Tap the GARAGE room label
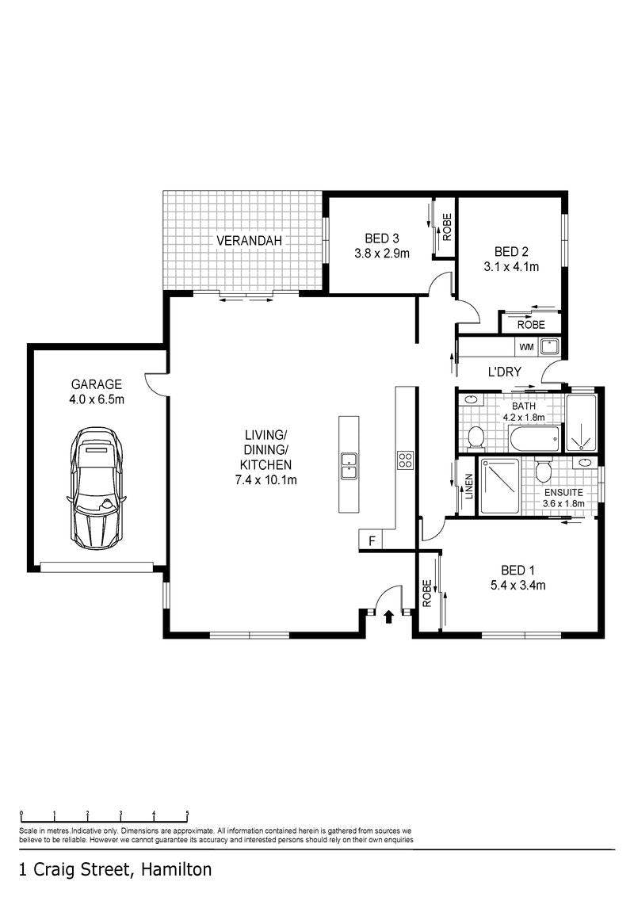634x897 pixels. coord(96,384)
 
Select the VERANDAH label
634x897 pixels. coord(249,241)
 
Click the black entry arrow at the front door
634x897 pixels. coord(388,616)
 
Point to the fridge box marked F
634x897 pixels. coord(372,540)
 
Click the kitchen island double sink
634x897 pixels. coord(349,465)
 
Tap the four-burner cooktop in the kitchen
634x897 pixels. coord(405,460)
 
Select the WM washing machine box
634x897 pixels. coord(526,346)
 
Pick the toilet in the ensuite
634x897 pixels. coord(544,470)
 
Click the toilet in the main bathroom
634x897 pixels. coord(475,437)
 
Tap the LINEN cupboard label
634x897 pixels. coord(468,487)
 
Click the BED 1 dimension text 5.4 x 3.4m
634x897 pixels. coord(518,585)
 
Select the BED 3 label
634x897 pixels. coord(382,238)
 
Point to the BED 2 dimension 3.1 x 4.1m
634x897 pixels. coord(511,266)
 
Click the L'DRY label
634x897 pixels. coord(504,372)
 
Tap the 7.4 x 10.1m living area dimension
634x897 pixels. coord(266,480)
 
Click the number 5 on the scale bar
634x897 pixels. coord(188,813)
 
